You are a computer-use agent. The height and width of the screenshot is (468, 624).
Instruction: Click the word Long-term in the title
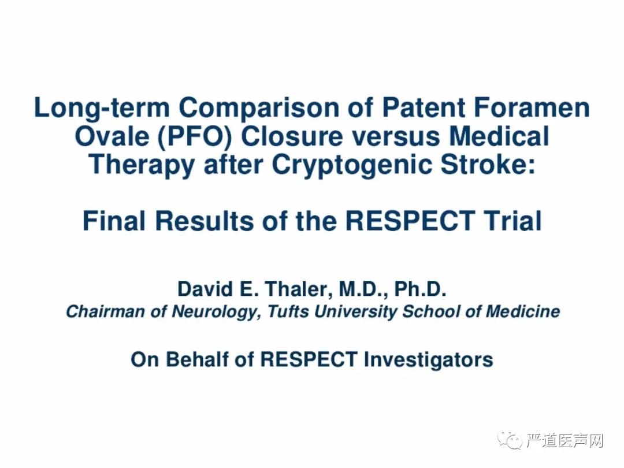pyautogui.click(x=102, y=109)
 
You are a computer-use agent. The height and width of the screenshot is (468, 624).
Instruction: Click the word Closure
pyautogui.click(x=292, y=136)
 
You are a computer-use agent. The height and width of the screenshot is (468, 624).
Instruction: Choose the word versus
pyautogui.click(x=396, y=137)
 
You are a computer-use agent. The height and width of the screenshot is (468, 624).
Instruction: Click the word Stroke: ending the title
pyautogui.click(x=488, y=164)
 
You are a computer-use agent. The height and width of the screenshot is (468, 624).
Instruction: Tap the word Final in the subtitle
pyautogui.click(x=114, y=221)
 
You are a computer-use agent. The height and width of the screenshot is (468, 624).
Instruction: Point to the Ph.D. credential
pyautogui.click(x=420, y=289)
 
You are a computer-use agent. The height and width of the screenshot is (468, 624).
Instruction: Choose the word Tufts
pyautogui.click(x=288, y=311)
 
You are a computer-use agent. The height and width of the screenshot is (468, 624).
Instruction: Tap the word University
pyautogui.click(x=356, y=312)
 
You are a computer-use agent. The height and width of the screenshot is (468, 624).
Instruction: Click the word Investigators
pyautogui.click(x=428, y=360)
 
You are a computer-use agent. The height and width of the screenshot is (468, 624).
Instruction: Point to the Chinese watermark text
pyautogui.click(x=564, y=440)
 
